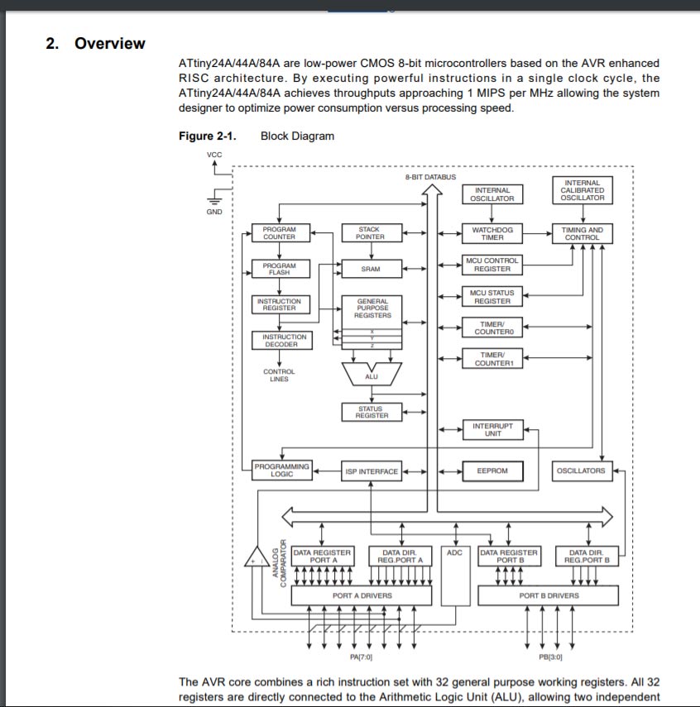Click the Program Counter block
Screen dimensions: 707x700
point(279,233)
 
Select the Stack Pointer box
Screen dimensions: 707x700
point(369,233)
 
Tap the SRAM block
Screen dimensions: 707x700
point(371,269)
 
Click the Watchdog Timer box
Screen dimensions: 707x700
point(492,233)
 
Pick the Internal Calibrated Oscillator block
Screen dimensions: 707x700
point(582,190)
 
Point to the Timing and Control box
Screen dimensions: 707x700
point(582,233)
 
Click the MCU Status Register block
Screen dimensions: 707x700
point(492,296)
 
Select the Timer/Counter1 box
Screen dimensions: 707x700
point(492,359)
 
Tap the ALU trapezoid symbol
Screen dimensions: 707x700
point(372,375)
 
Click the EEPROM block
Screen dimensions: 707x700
point(492,471)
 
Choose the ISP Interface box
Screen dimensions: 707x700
point(372,471)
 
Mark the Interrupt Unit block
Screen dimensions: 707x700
point(492,429)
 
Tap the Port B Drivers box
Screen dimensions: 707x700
point(549,595)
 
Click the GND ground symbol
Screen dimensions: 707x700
point(214,199)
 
